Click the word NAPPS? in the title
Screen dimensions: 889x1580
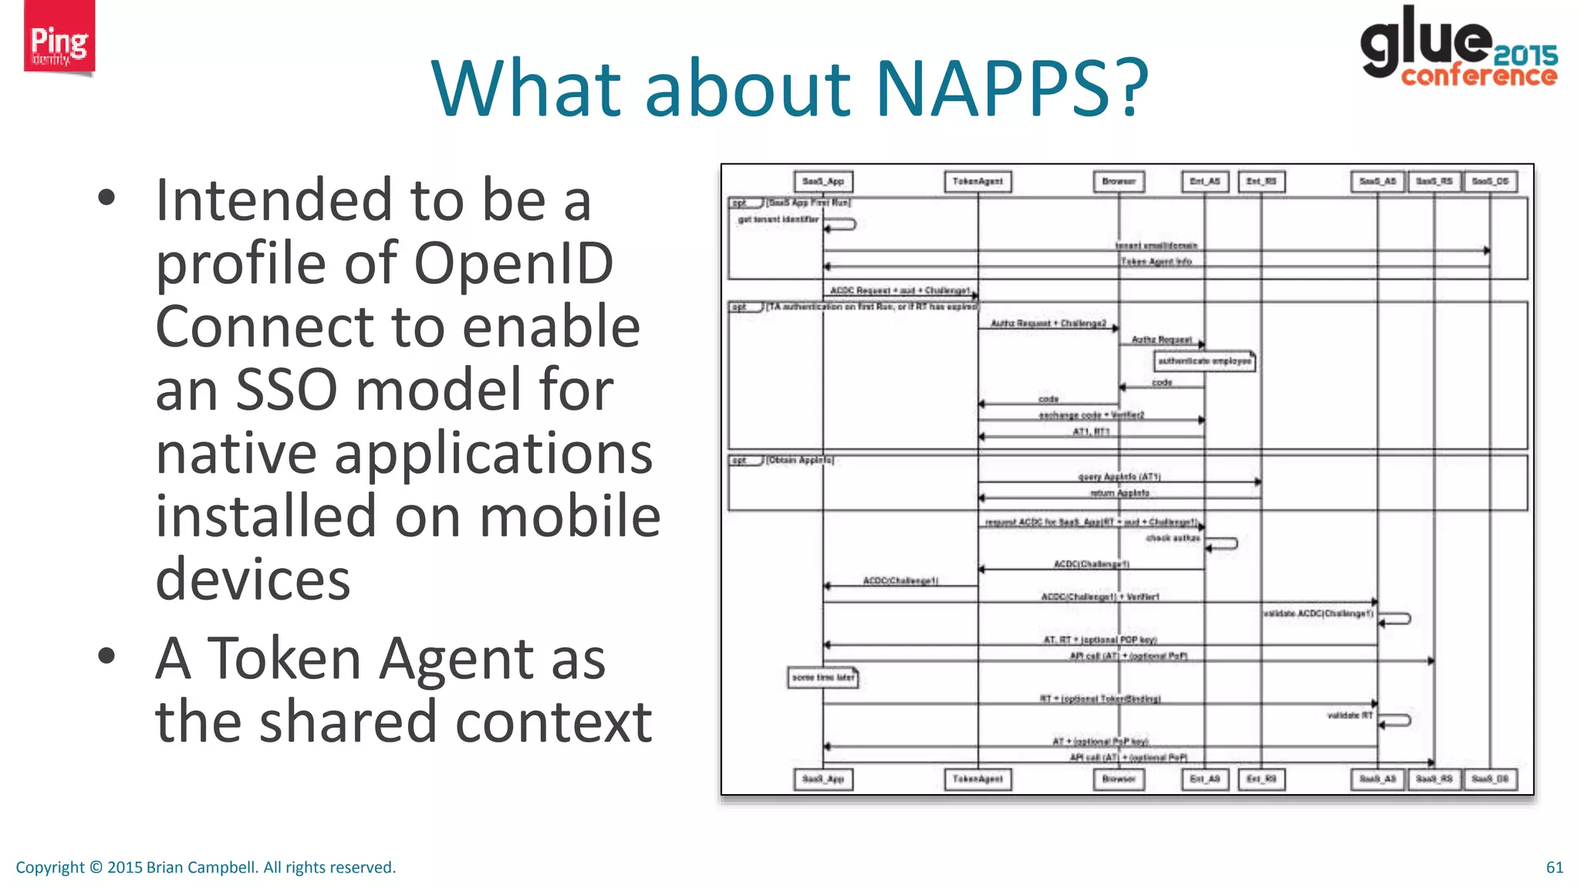click(x=1011, y=88)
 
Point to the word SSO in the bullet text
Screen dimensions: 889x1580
click(x=285, y=390)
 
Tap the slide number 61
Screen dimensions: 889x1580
click(x=1554, y=867)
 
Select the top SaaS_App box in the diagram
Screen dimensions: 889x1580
click(x=823, y=181)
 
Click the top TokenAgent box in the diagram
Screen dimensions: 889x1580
click(x=977, y=181)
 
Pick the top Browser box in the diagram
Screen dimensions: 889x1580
click(x=1119, y=181)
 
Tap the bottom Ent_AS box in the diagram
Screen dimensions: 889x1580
click(x=1205, y=779)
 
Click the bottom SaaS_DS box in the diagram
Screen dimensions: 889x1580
click(x=1491, y=779)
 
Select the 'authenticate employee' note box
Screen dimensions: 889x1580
click(x=1204, y=361)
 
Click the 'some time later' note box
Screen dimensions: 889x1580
click(x=823, y=678)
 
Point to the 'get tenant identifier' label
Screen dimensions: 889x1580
click(x=778, y=220)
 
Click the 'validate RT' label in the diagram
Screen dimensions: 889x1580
click(x=1349, y=716)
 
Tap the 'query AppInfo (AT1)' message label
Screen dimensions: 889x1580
click(x=1119, y=477)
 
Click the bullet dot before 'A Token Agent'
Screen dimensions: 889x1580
click(x=106, y=656)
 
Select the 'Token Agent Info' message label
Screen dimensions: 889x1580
click(x=1156, y=262)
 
